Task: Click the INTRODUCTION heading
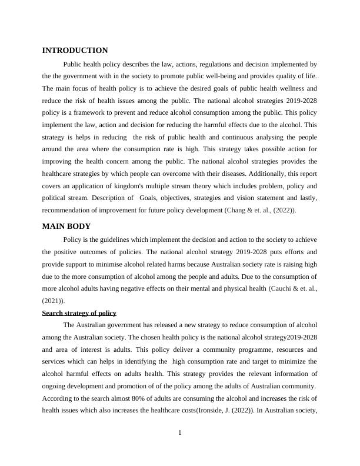click(x=75, y=51)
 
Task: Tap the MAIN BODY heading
click(x=66, y=226)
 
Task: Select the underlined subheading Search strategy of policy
click(x=79, y=313)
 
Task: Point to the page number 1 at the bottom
click(x=180, y=434)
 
